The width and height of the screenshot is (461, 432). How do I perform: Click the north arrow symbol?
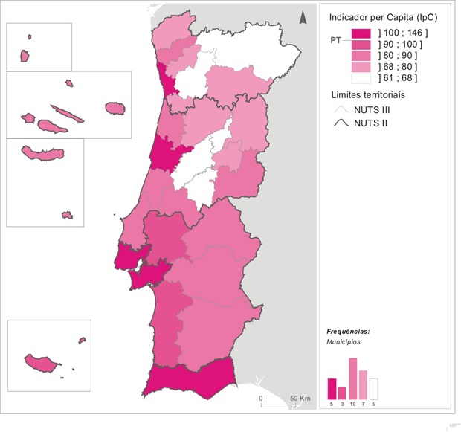[303, 18]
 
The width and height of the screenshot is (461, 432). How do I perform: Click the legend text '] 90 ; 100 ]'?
[402, 45]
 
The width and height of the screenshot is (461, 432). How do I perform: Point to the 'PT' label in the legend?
[337, 42]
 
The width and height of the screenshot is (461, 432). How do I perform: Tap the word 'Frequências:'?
[348, 331]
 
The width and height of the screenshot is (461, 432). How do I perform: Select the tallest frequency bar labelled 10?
[353, 378]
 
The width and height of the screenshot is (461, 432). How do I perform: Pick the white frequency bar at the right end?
[374, 389]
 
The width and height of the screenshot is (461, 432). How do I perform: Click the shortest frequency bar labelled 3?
[342, 393]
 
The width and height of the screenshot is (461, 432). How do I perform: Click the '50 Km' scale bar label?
[300, 399]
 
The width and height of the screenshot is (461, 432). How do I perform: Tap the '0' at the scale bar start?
[261, 399]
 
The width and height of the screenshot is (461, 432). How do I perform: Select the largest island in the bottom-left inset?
[42, 364]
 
